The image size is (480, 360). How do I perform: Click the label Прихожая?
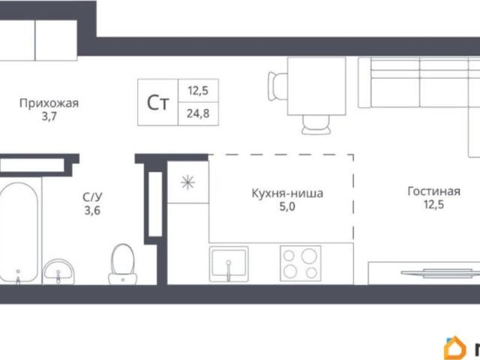click(x=49, y=103)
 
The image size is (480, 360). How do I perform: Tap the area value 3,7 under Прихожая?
click(x=49, y=117)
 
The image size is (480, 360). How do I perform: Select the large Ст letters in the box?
click(x=158, y=103)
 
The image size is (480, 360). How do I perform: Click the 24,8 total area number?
click(x=198, y=114)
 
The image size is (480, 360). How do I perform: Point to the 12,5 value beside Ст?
click(x=198, y=91)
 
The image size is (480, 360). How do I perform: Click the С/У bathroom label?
click(x=92, y=197)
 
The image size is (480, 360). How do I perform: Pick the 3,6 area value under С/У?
click(x=92, y=211)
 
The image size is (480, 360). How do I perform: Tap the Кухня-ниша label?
click(x=287, y=193)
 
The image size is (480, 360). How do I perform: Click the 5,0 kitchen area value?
click(x=287, y=207)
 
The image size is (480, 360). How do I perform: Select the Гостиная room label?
click(x=433, y=191)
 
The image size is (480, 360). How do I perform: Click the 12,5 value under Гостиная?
click(x=433, y=205)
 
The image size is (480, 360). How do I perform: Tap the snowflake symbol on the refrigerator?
click(x=188, y=183)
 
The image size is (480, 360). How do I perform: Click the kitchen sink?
click(x=229, y=264)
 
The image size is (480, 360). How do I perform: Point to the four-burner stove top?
click(x=301, y=263)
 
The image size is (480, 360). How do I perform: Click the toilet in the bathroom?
click(x=123, y=264)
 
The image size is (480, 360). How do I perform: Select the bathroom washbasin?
click(x=58, y=271)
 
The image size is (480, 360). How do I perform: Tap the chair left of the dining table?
click(x=277, y=86)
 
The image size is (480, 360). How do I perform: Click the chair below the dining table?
click(x=316, y=124)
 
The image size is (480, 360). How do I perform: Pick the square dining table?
click(x=316, y=86)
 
